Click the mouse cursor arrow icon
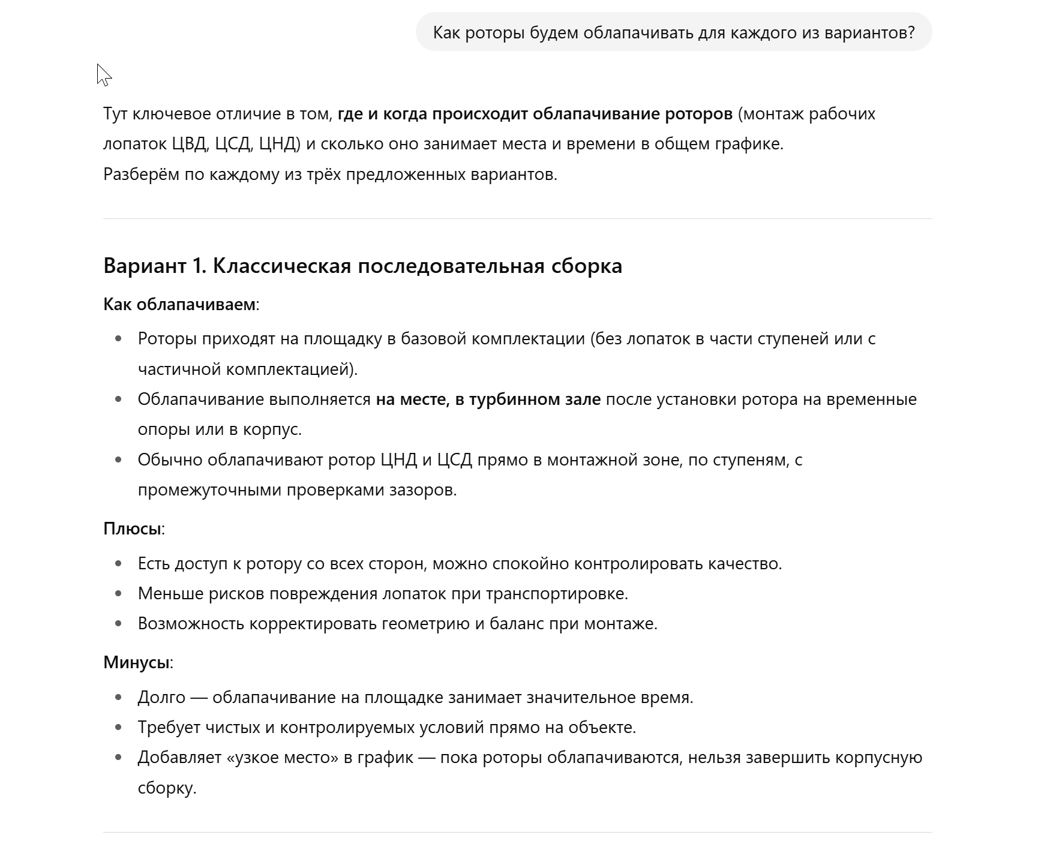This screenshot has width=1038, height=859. [x=103, y=75]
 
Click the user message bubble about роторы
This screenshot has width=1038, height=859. [x=673, y=32]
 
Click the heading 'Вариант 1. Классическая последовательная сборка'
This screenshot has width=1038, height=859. [x=362, y=266]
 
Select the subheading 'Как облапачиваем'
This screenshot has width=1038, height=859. [x=179, y=304]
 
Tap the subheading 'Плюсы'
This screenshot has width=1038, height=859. [x=132, y=528]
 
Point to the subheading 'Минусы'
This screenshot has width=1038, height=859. [x=136, y=662]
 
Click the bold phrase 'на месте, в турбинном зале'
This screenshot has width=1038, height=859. [x=488, y=400]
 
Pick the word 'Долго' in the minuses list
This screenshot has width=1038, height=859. [x=161, y=697]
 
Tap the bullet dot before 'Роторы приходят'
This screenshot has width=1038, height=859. [x=118, y=339]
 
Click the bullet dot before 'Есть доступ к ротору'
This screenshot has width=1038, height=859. [x=118, y=564]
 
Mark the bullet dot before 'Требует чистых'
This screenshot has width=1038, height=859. [x=118, y=728]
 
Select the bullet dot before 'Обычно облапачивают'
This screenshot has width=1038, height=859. [x=118, y=460]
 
